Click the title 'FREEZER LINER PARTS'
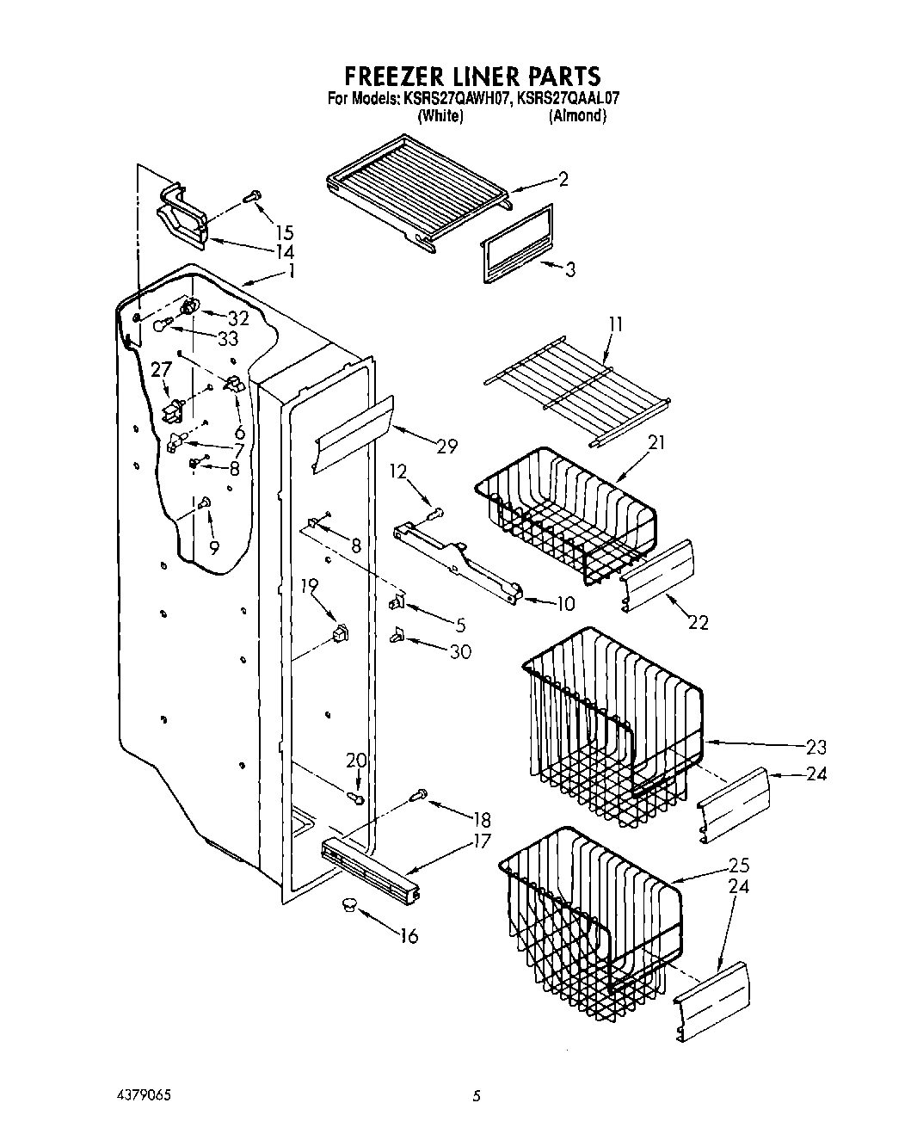click(472, 76)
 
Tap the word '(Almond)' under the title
click(577, 116)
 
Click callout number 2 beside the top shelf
click(563, 179)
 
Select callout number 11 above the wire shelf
click(616, 324)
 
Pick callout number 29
click(446, 446)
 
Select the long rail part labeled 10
click(456, 559)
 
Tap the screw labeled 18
click(421, 796)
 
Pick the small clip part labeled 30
click(397, 636)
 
